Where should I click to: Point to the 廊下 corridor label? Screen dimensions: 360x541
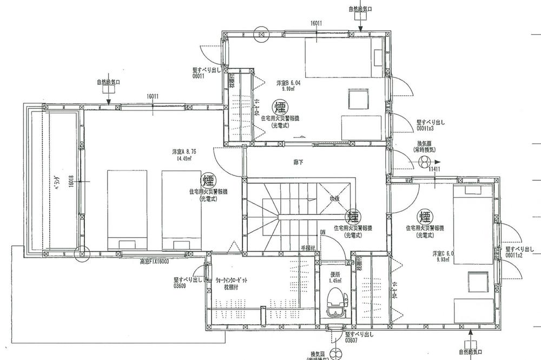click(x=298, y=161)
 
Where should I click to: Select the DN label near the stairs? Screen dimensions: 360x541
click(x=322, y=233)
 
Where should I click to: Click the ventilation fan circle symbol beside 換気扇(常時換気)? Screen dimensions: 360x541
click(x=426, y=161)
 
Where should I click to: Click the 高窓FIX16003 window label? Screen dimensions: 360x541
click(x=154, y=260)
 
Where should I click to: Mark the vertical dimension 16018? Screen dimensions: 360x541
click(x=70, y=185)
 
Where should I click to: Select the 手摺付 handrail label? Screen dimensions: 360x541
click(x=308, y=248)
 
